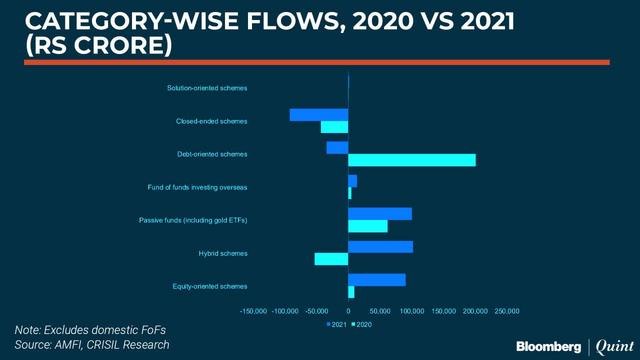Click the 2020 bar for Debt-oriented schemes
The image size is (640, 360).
[x=412, y=160]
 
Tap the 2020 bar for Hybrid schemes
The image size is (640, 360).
[x=331, y=259]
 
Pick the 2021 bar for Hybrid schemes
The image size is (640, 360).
[x=380, y=246]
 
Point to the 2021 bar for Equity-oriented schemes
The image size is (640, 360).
[x=377, y=279]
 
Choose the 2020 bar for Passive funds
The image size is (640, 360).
[x=367, y=226]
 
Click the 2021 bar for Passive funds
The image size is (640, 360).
[x=380, y=213]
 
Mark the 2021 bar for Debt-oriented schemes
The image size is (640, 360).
[x=337, y=148]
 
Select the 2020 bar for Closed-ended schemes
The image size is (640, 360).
[x=334, y=127]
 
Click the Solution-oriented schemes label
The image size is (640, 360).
[x=207, y=88]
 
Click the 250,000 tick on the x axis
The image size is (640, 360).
[x=507, y=311]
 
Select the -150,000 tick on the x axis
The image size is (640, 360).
[x=254, y=311]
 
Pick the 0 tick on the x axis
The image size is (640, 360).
[x=348, y=311]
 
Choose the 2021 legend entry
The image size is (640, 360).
[x=336, y=325]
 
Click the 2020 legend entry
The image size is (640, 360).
[x=361, y=325]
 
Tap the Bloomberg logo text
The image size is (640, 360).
[x=548, y=346]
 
